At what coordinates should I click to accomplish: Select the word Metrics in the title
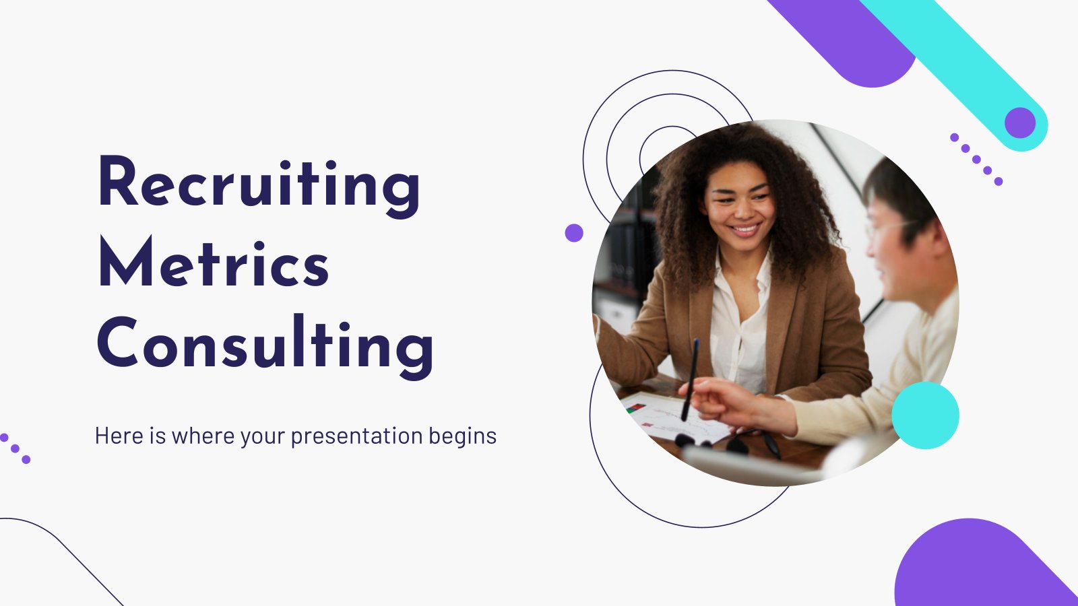(x=214, y=262)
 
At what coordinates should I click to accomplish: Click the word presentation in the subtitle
(x=356, y=437)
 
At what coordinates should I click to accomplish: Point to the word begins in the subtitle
(x=462, y=437)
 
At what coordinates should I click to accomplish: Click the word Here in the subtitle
(x=119, y=435)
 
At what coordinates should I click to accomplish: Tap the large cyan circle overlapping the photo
(x=925, y=415)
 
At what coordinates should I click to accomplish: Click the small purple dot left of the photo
(x=573, y=233)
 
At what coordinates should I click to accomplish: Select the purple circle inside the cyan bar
(x=1020, y=123)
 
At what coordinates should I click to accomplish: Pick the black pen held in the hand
(x=690, y=380)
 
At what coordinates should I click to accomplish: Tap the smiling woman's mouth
(x=744, y=229)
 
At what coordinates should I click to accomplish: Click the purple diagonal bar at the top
(x=843, y=41)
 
